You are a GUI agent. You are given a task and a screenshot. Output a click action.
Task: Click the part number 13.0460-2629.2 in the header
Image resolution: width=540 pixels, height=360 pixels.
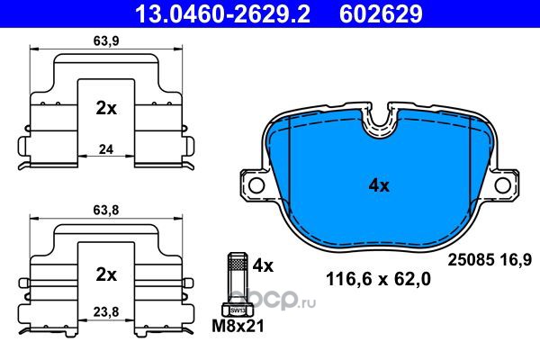click(x=223, y=14)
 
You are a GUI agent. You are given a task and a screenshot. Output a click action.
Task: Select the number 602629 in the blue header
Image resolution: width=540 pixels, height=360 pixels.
click(x=381, y=14)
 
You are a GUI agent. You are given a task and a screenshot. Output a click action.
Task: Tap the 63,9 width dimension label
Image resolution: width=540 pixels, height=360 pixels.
click(x=106, y=41)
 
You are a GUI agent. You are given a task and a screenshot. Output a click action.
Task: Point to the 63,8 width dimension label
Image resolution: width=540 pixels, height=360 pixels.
click(x=106, y=210)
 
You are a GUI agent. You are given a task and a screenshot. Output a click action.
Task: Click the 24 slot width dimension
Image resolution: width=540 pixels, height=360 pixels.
click(x=106, y=149)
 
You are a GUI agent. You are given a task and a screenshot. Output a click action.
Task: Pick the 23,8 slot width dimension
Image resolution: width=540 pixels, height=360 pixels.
click(x=106, y=311)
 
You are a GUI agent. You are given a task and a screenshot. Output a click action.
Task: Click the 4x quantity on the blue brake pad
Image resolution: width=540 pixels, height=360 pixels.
click(x=379, y=186)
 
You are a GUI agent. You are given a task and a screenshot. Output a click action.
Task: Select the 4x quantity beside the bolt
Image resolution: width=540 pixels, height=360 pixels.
click(x=263, y=265)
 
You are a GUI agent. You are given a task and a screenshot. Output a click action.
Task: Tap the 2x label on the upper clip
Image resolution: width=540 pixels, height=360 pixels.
click(x=106, y=109)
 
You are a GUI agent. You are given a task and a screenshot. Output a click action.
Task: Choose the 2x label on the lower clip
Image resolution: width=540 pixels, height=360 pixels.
click(x=106, y=274)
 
